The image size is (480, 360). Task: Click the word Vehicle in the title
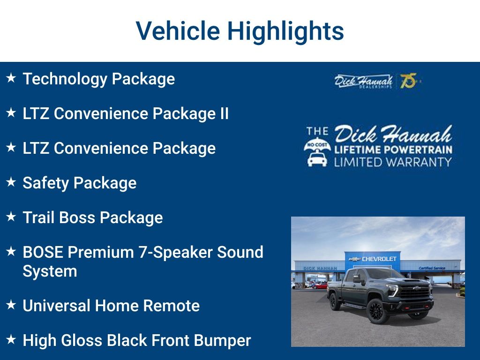(x=178, y=30)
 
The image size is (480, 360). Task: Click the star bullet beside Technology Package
(x=11, y=78)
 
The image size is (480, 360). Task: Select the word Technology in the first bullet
(x=65, y=79)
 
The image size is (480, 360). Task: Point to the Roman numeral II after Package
(x=225, y=113)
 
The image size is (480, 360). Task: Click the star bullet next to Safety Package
(x=11, y=182)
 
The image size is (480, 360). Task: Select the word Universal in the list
(x=55, y=306)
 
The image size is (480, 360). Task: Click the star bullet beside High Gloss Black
(x=11, y=339)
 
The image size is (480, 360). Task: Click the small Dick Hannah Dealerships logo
(x=363, y=82)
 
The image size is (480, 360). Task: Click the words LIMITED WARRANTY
(x=393, y=162)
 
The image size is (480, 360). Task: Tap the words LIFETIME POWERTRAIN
(x=393, y=150)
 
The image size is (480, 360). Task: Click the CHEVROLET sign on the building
(x=379, y=259)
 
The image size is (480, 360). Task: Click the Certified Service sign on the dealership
(x=432, y=268)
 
